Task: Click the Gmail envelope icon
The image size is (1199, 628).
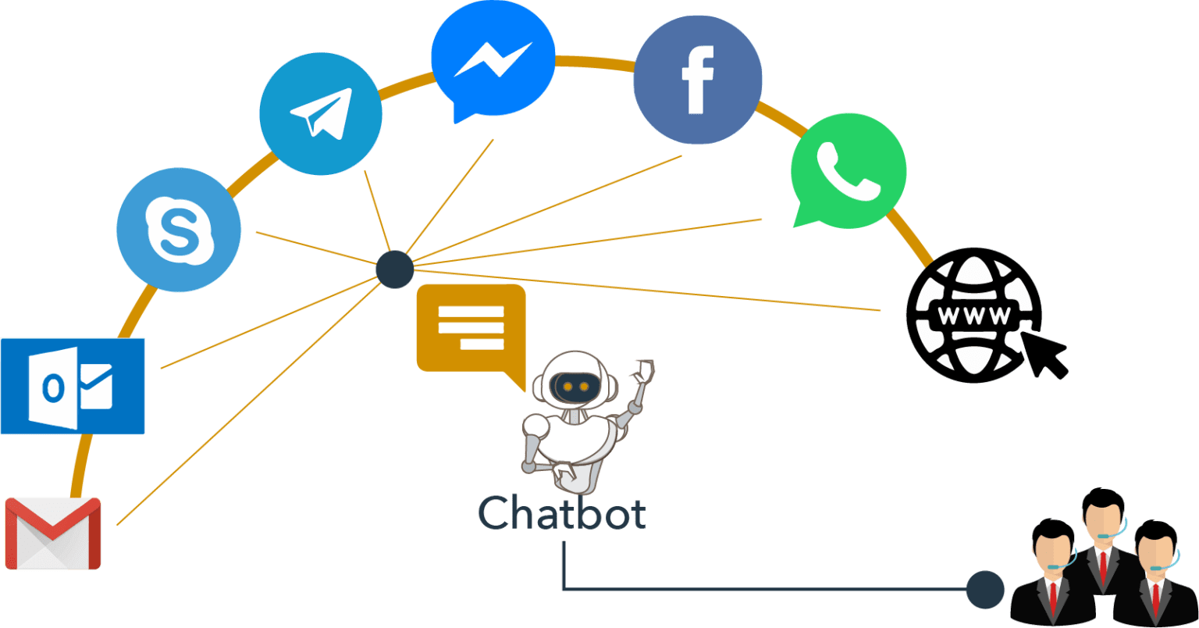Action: pyautogui.click(x=53, y=533)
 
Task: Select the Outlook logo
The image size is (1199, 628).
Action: pyautogui.click(x=73, y=386)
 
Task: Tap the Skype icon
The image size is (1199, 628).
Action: pyautogui.click(x=179, y=230)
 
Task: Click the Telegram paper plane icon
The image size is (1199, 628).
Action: pyautogui.click(x=321, y=113)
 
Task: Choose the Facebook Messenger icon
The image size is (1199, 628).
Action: pyautogui.click(x=493, y=60)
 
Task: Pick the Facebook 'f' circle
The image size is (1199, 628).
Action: pyautogui.click(x=698, y=80)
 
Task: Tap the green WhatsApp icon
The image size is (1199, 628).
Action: pyautogui.click(x=849, y=170)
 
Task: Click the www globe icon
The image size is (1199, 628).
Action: pyautogui.click(x=974, y=315)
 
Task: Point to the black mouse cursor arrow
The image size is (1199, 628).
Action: pyautogui.click(x=1044, y=355)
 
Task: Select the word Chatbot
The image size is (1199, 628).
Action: pyautogui.click(x=562, y=513)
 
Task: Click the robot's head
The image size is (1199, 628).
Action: pyautogui.click(x=576, y=380)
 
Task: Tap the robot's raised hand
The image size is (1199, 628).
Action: pyautogui.click(x=643, y=371)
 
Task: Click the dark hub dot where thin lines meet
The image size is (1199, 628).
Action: pyautogui.click(x=395, y=269)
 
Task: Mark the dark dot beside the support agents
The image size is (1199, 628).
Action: pyautogui.click(x=985, y=590)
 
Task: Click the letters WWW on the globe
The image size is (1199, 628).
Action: pyautogui.click(x=974, y=316)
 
